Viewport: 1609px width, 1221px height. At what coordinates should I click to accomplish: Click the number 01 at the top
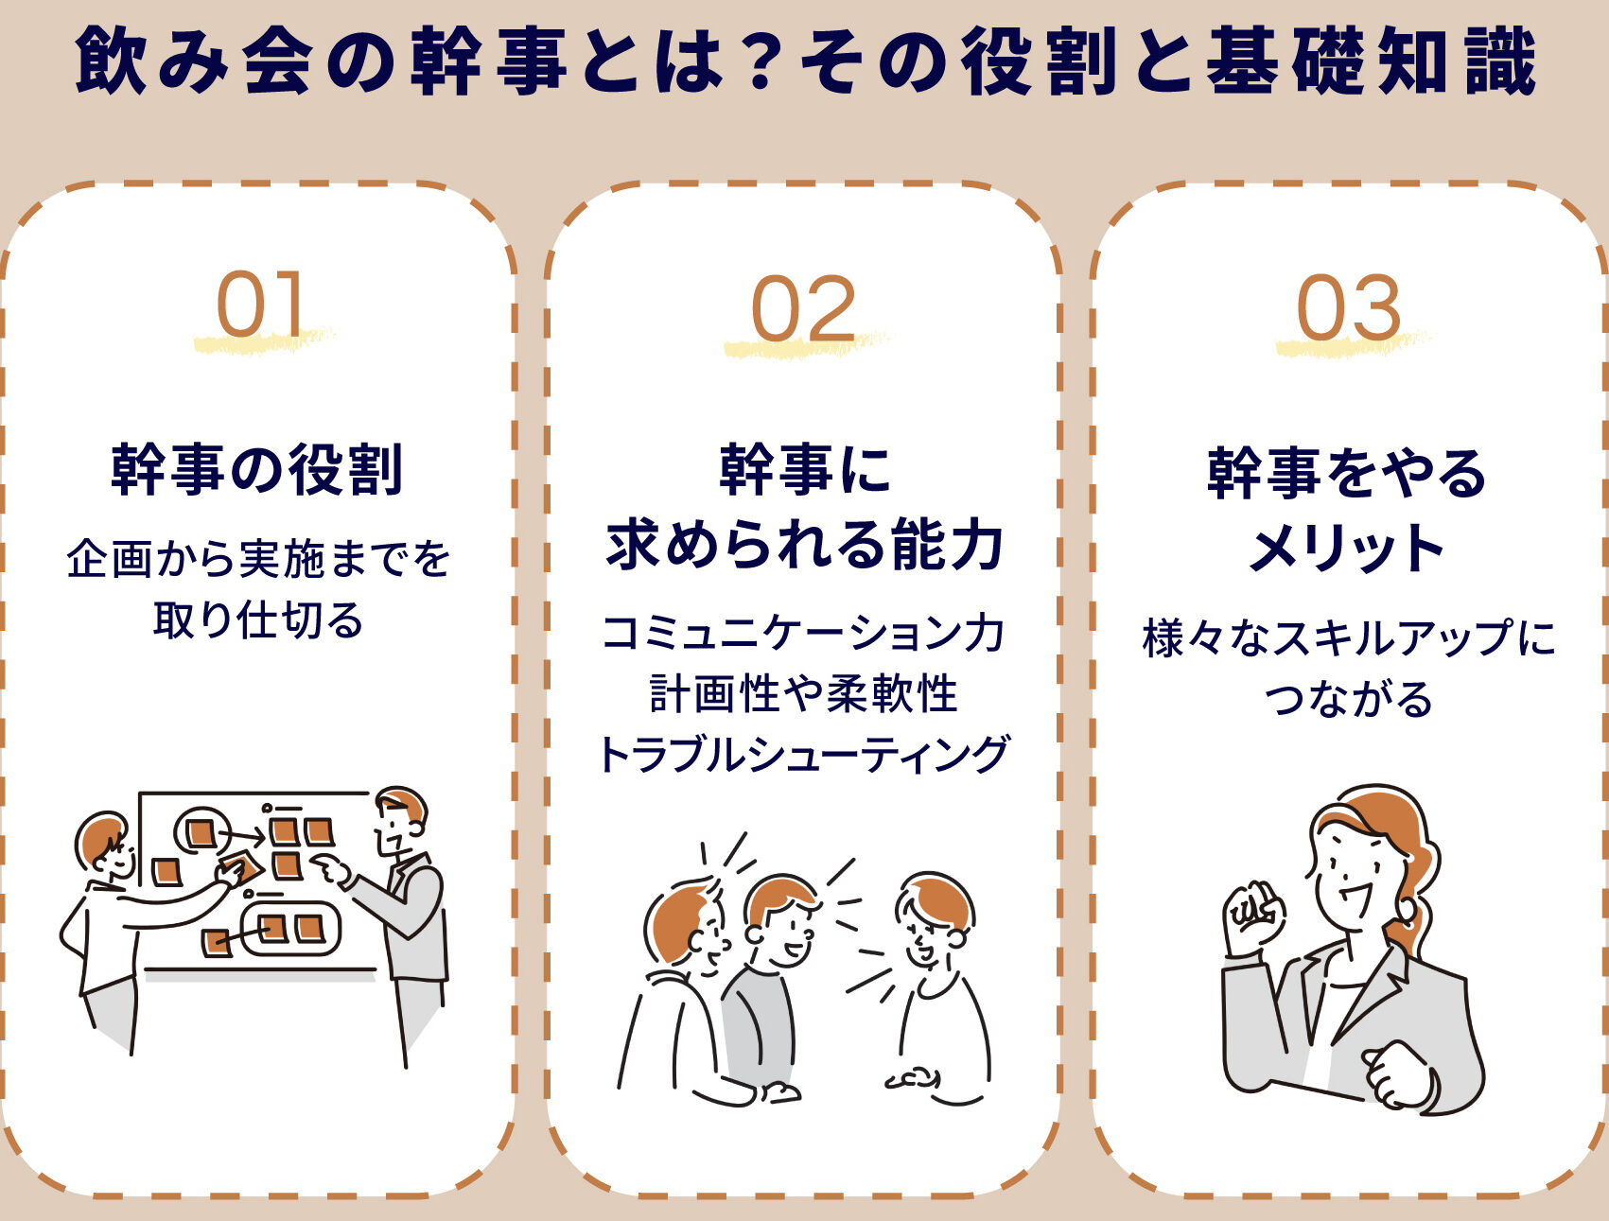(x=261, y=304)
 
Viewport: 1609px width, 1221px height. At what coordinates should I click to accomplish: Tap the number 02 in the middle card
(x=803, y=309)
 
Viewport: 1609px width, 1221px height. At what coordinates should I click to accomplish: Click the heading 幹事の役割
(x=257, y=469)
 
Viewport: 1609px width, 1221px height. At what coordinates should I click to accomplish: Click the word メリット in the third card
(x=1346, y=548)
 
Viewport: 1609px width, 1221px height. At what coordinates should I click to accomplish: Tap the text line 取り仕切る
(x=258, y=620)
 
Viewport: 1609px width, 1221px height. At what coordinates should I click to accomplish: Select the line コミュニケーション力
(x=803, y=633)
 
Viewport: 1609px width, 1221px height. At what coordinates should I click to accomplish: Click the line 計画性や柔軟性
(x=803, y=693)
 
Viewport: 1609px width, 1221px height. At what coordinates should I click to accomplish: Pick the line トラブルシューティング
(x=803, y=755)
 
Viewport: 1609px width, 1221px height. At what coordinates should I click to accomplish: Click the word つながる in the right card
(x=1348, y=699)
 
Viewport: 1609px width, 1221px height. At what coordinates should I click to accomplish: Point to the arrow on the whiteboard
(x=244, y=836)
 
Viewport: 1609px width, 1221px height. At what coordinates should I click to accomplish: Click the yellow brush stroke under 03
(x=1353, y=343)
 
